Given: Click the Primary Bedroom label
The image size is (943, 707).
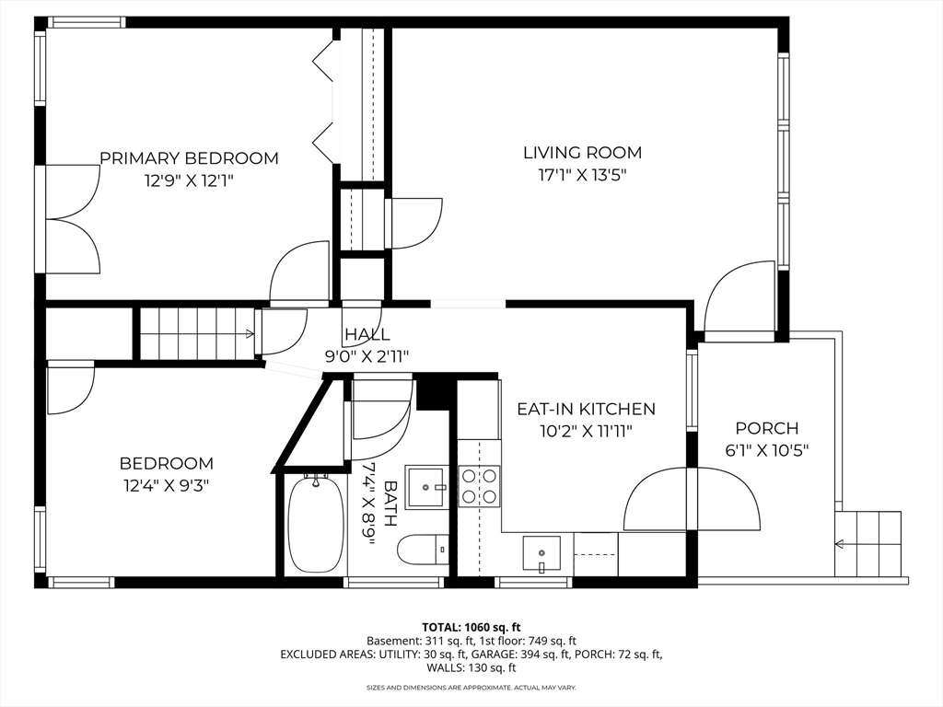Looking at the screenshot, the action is [x=189, y=158].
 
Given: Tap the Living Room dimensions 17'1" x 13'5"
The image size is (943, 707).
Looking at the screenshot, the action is [x=582, y=176].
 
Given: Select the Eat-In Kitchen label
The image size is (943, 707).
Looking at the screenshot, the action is [x=586, y=409].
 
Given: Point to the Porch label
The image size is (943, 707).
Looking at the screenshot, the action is [x=767, y=429].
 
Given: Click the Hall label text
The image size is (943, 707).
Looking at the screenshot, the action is [x=367, y=333].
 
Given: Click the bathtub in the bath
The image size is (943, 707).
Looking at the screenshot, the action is [x=316, y=523].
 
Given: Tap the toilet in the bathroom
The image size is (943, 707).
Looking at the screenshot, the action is [x=423, y=549].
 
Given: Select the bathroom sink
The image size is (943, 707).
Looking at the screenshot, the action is [x=426, y=486].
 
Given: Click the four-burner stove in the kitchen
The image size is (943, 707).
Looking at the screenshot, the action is [x=479, y=486].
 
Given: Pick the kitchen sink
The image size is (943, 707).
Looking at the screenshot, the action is [x=541, y=553].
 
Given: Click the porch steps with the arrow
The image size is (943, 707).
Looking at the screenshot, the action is [x=868, y=544].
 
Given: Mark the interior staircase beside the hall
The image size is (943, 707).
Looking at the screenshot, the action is [x=197, y=333].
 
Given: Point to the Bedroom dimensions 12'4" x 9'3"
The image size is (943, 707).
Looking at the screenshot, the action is [x=166, y=485].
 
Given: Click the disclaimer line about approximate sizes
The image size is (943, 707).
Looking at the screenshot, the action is [x=471, y=687].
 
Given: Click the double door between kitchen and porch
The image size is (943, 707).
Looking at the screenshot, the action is [x=692, y=498].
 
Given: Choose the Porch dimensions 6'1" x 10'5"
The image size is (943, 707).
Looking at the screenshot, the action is [x=767, y=451].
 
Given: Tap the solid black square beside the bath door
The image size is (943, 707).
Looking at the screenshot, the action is [x=434, y=392].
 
